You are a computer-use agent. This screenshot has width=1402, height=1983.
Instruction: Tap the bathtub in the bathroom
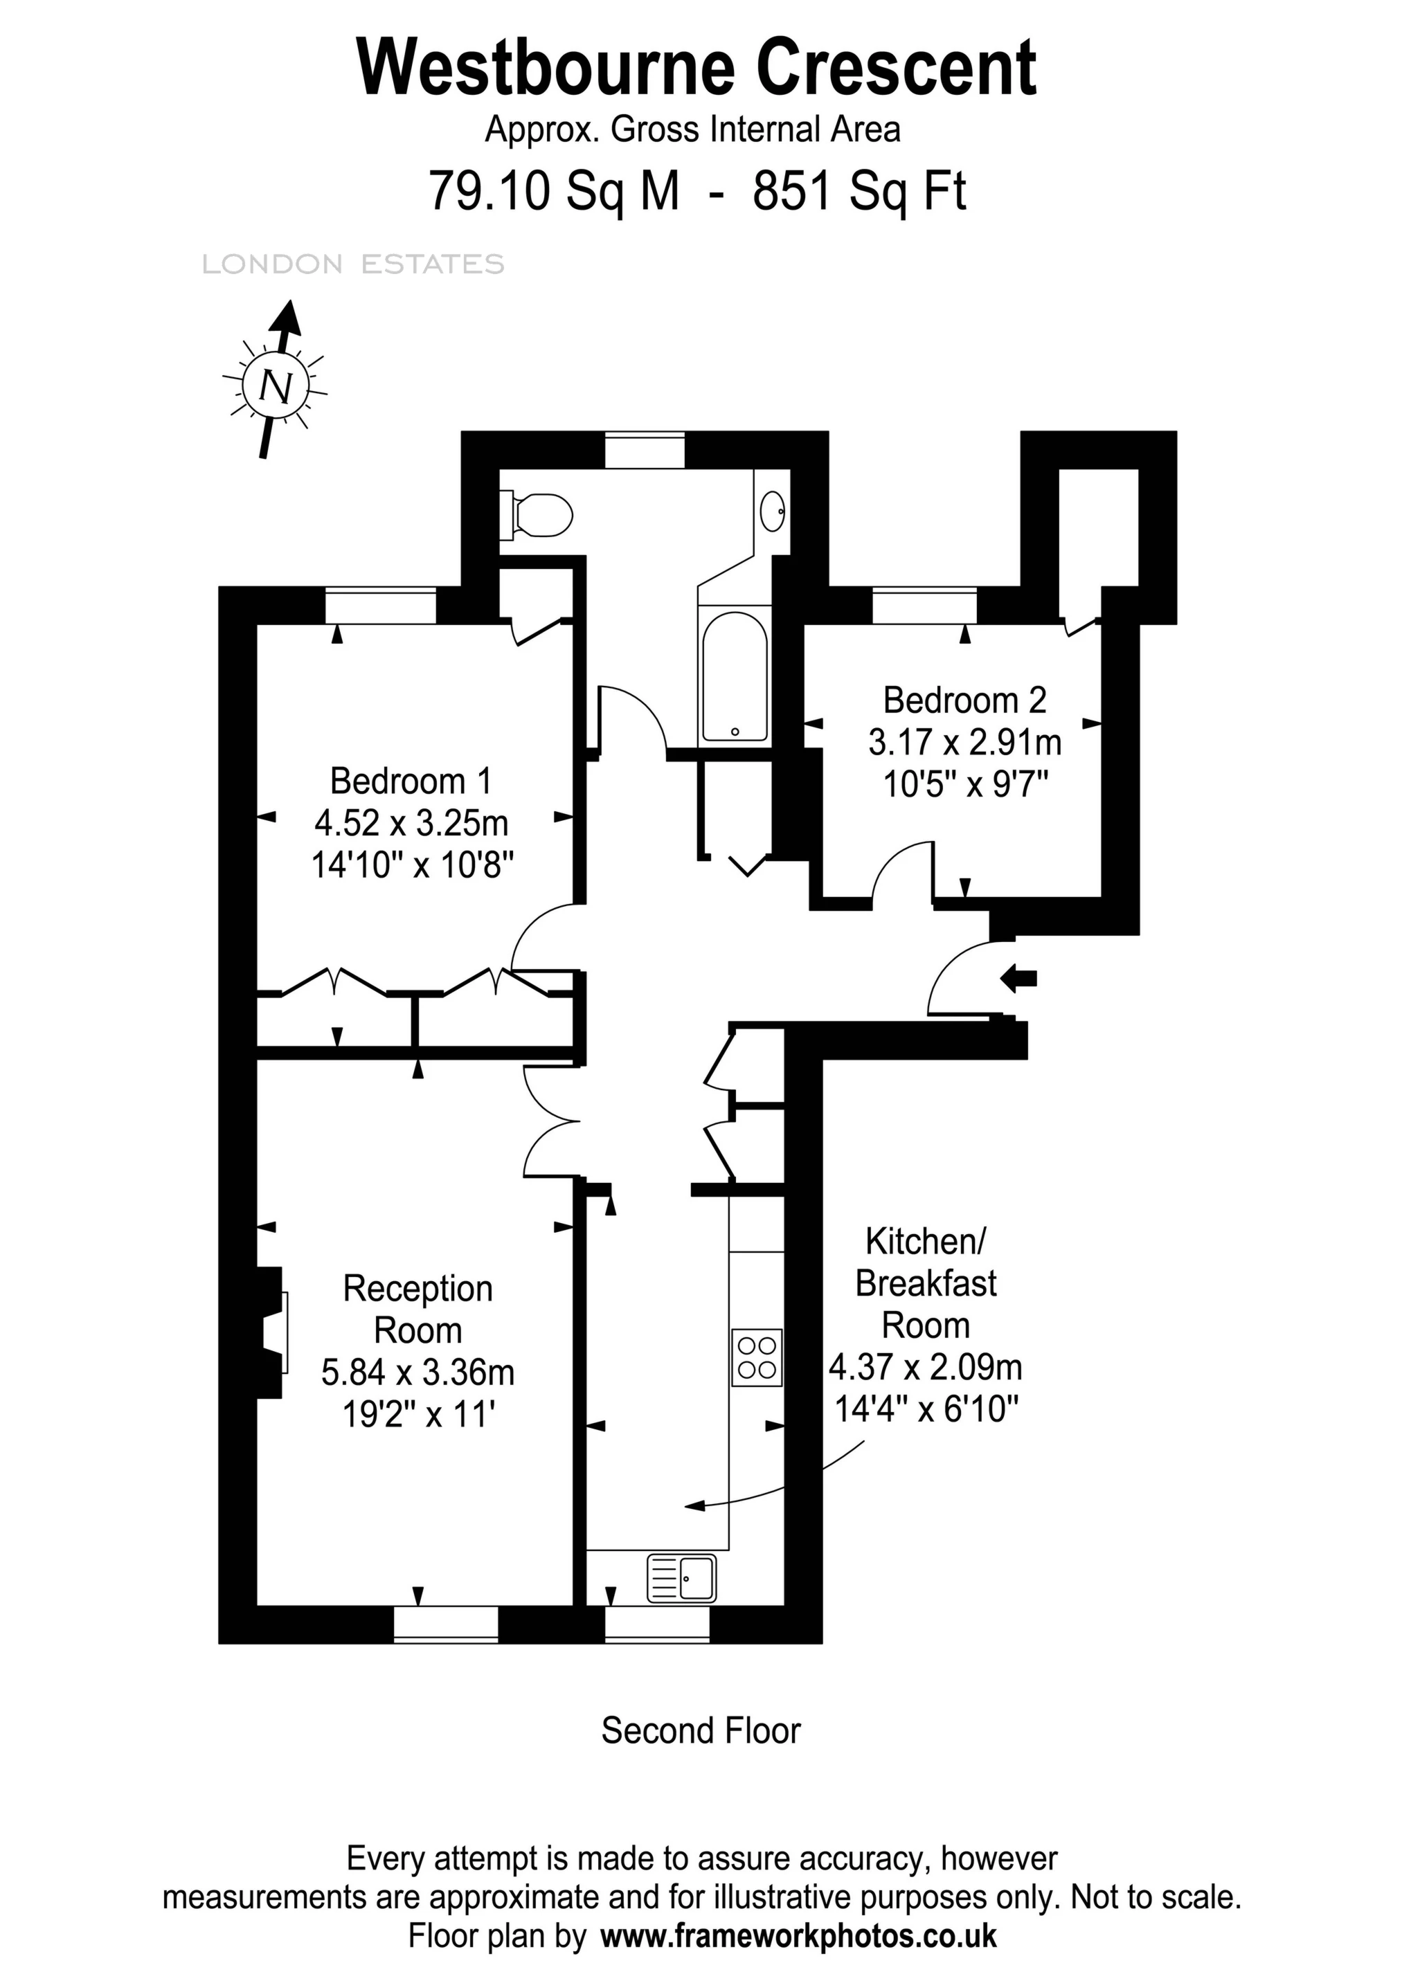click(735, 678)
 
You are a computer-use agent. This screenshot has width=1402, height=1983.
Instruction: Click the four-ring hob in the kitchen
click(757, 1358)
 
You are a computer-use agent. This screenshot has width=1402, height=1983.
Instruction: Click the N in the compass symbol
click(276, 386)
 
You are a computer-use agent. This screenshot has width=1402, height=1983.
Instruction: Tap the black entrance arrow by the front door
click(1018, 979)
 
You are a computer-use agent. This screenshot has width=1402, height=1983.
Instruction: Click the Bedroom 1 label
click(411, 781)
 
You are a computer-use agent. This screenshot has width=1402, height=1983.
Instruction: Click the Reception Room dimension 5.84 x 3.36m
click(418, 1373)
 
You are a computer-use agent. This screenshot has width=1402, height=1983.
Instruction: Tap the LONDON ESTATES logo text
click(353, 264)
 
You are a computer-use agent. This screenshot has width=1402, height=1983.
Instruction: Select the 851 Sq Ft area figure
click(859, 191)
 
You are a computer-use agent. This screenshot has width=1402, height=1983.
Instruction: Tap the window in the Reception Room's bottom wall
click(446, 1624)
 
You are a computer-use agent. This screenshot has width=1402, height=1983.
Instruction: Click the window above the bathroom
click(645, 450)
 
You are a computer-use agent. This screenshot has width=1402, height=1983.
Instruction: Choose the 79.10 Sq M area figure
click(554, 191)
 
